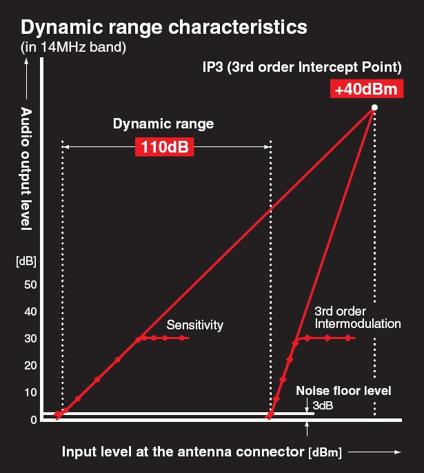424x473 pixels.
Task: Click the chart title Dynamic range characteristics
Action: pos(164,28)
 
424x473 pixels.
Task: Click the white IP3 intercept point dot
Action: pos(374,108)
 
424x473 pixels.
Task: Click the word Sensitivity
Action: pos(195,325)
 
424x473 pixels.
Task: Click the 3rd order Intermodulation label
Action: pos(357,317)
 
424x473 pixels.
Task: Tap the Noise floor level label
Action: pos(343,391)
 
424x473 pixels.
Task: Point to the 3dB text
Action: pos(323,405)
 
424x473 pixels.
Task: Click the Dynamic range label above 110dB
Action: pos(163,124)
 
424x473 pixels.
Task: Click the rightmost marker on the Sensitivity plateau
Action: pos(182,338)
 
